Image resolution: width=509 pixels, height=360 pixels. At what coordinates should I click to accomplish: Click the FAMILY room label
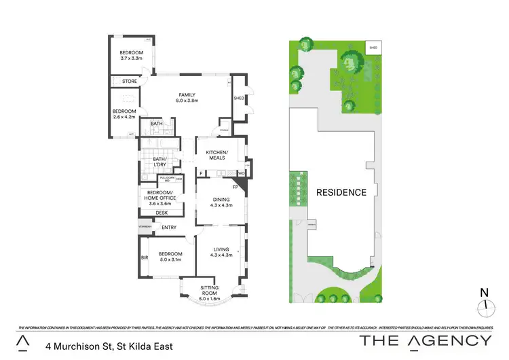pyautogui.click(x=187, y=94)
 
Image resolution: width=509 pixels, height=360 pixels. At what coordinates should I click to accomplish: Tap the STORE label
pyautogui.click(x=130, y=82)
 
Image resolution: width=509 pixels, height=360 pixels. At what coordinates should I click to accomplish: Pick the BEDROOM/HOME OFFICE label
pyautogui.click(x=162, y=196)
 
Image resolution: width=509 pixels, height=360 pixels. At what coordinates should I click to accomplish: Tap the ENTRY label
pyautogui.click(x=169, y=227)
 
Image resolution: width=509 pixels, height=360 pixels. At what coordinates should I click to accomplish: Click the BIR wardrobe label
pyautogui.click(x=145, y=258)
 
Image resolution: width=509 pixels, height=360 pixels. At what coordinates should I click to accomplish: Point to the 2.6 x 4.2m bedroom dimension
pyautogui.click(x=124, y=117)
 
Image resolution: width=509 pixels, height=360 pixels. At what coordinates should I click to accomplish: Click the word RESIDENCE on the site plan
pyautogui.click(x=341, y=192)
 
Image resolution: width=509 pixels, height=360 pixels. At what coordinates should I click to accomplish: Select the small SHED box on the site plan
pyautogui.click(x=373, y=48)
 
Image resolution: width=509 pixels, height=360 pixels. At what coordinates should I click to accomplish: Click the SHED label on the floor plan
pyautogui.click(x=238, y=98)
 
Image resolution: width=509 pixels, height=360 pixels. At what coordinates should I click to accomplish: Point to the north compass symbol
pyautogui.click(x=484, y=306)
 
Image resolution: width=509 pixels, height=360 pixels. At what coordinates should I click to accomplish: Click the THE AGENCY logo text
pyautogui.click(x=425, y=342)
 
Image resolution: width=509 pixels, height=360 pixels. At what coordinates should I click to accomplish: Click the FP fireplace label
pyautogui.click(x=235, y=186)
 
